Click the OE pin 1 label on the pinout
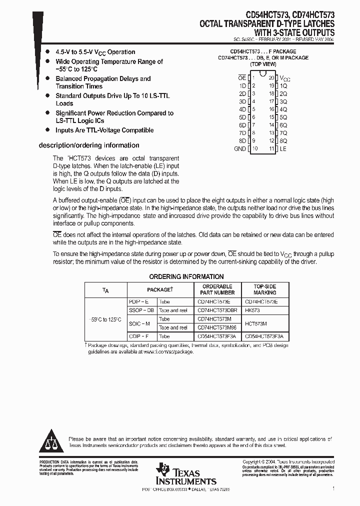242,78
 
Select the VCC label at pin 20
284,78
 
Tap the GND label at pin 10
240,149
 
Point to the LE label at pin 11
283,149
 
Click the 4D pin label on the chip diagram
242,109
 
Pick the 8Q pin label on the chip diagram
283,141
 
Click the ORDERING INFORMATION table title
186,276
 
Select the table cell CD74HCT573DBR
217,310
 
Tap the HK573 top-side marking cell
252,310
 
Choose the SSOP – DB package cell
142,310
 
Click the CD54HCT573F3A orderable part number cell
217,336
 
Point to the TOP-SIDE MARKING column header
264,289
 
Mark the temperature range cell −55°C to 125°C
106,319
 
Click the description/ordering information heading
89,145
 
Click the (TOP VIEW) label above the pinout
263,64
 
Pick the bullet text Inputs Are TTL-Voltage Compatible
104,130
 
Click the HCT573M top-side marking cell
256,323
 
